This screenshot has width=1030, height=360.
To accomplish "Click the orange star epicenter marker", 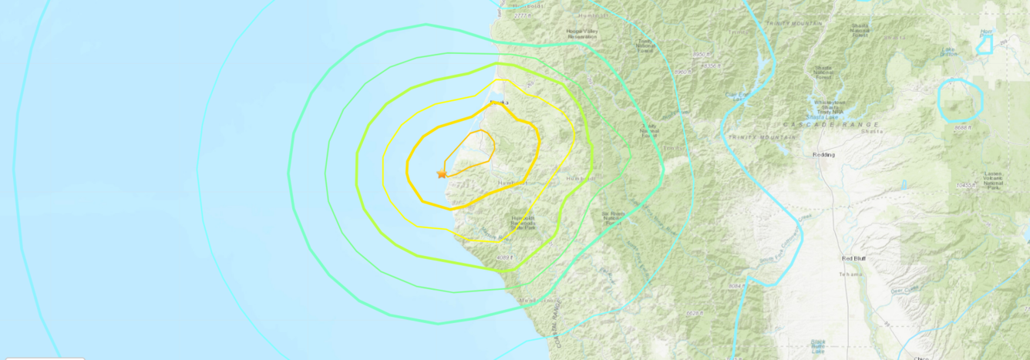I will [442, 174].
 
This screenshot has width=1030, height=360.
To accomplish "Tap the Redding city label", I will [823, 154].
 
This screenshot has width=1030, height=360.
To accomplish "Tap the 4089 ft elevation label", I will [505, 257].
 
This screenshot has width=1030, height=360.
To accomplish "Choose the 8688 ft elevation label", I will [961, 127].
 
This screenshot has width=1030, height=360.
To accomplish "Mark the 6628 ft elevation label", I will [694, 313].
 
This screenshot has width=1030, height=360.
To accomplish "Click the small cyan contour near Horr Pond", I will [984, 45].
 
